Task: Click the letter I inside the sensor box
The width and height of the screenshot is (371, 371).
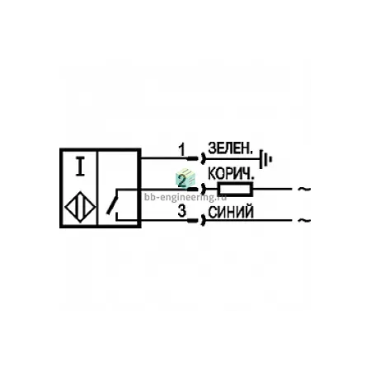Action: click(x=80, y=167)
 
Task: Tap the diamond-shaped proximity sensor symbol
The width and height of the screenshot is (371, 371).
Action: click(x=80, y=207)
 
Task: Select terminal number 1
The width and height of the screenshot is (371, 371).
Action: click(x=181, y=150)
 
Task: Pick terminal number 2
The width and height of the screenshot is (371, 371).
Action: click(x=181, y=181)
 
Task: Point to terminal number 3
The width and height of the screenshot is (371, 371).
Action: click(x=182, y=211)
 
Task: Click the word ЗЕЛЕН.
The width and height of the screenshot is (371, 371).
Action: click(x=230, y=148)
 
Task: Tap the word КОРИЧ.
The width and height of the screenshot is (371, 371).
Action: click(x=231, y=174)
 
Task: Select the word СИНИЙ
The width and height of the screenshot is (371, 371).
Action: click(x=231, y=213)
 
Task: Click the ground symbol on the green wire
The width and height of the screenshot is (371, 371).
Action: click(x=265, y=159)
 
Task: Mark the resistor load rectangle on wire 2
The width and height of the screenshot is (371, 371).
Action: click(x=235, y=189)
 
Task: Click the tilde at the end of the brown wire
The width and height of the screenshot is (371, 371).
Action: click(x=304, y=189)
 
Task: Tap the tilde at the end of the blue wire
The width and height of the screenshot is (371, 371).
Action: click(x=304, y=220)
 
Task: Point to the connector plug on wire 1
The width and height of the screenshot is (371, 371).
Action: click(x=196, y=158)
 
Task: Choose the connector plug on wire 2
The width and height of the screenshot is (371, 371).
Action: click(x=196, y=189)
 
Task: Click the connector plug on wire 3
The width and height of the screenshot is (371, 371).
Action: click(x=196, y=220)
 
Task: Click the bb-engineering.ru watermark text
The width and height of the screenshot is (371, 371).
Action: click(x=185, y=197)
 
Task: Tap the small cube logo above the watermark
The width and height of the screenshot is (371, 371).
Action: click(x=185, y=179)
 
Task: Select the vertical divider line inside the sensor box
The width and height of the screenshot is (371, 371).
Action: click(x=97, y=188)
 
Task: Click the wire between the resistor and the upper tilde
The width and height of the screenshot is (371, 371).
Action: click(x=272, y=189)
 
